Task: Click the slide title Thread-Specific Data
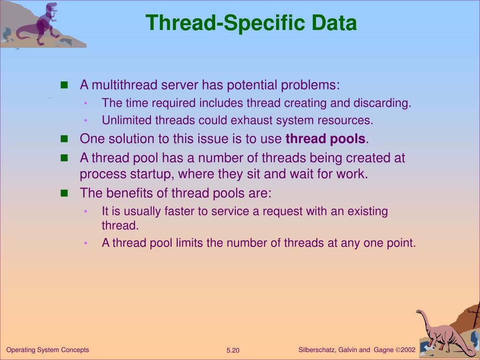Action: pos(251,22)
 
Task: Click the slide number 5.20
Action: pos(233,351)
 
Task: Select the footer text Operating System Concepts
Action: pos(47,350)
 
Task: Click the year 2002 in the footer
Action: pos(408,350)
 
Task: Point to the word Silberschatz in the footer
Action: pos(317,350)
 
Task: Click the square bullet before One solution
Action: pos(65,139)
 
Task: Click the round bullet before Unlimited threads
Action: pos(86,121)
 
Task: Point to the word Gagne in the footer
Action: pos(383,350)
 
